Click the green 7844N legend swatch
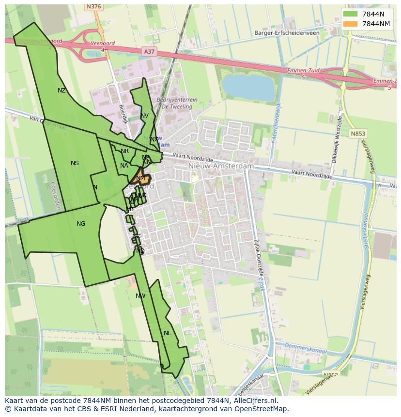tap(350, 15)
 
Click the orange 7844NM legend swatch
tap(350, 24)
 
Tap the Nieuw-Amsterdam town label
tap(220, 166)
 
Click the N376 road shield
tap(93, 7)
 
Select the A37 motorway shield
tap(149, 51)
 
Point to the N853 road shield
tap(358, 134)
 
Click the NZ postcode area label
tap(62, 91)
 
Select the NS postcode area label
tap(75, 163)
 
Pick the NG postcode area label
tap(81, 224)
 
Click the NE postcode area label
tap(168, 333)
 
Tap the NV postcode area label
tap(145, 116)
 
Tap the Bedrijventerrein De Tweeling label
tap(177, 103)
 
